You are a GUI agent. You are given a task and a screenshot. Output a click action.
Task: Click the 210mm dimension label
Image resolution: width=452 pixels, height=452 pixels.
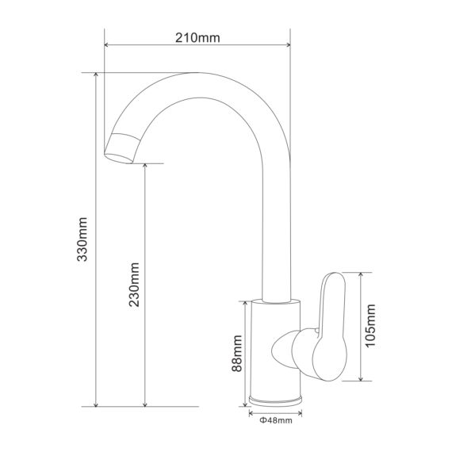[197, 38]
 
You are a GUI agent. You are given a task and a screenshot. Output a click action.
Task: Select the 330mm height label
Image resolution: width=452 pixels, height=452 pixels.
[82, 239]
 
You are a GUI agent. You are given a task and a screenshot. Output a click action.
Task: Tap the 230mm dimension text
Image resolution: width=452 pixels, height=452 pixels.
[134, 285]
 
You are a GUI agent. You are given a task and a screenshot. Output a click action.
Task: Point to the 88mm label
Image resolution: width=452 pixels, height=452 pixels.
[237, 353]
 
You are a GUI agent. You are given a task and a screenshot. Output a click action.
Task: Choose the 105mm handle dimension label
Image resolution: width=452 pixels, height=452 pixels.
[370, 326]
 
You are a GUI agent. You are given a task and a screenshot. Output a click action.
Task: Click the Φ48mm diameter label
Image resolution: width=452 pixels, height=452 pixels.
[276, 420]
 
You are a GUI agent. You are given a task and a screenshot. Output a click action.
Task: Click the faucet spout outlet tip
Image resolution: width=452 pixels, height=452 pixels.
[119, 158]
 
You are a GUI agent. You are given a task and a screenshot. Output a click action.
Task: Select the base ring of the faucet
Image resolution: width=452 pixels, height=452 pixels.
[276, 401]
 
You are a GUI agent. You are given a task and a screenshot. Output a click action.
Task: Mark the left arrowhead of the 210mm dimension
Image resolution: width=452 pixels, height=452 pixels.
[106, 44]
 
